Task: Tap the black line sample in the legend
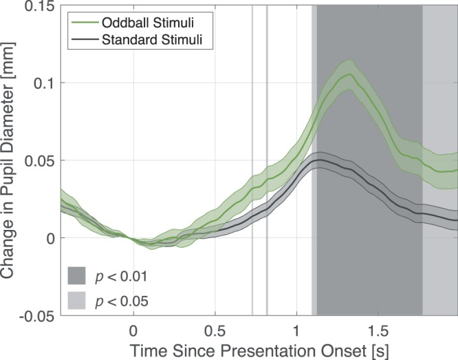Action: click(x=84, y=39)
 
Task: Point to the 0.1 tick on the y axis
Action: click(x=46, y=83)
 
